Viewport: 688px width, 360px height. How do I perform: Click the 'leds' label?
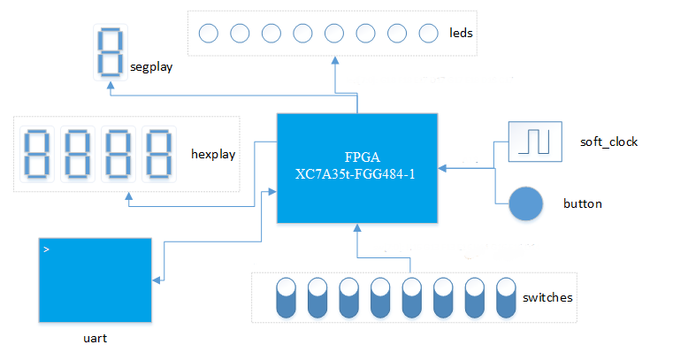pyautogui.click(x=461, y=34)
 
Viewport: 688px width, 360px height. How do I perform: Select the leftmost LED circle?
pyautogui.click(x=208, y=34)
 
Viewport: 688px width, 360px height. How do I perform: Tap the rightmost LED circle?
pyautogui.click(x=429, y=34)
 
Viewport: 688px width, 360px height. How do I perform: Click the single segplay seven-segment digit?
pyautogui.click(x=108, y=52)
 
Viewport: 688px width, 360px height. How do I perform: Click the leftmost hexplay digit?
pyautogui.click(x=36, y=154)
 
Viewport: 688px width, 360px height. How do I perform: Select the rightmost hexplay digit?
pyautogui.click(x=158, y=154)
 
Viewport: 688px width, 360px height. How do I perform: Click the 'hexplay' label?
pyautogui.click(x=213, y=154)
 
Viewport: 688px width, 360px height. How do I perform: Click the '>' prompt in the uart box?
pyautogui.click(x=46, y=250)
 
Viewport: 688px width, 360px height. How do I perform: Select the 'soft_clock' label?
pyautogui.click(x=608, y=142)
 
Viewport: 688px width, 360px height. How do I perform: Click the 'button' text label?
pyautogui.click(x=583, y=204)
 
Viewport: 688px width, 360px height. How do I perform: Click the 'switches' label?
pyautogui.click(x=548, y=297)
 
